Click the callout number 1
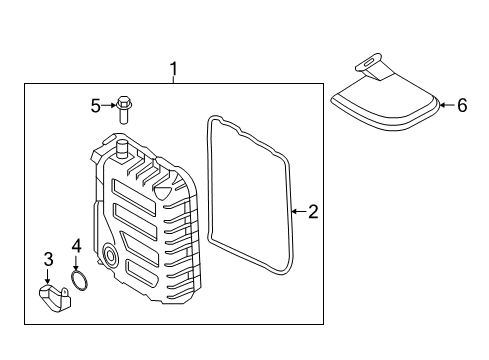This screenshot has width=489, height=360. coord(174,69)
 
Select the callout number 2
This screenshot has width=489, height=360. coord(313,212)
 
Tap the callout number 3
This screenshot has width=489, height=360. coord(49,259)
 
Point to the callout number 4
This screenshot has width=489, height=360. coord(77,246)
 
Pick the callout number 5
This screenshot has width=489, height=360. coord(95,106)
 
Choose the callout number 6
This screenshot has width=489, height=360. coord(462,105)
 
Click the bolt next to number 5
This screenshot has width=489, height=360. coord(124,110)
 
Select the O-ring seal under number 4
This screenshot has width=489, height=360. coord(80,280)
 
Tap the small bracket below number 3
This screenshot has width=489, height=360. coord(55,298)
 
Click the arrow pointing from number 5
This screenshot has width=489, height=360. coord(108,106)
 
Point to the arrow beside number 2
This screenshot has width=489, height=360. coord(300,211)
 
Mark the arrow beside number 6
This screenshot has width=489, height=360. coord(447,105)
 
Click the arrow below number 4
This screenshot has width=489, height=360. coord(76,262)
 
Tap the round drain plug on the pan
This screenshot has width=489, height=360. coord(110,255)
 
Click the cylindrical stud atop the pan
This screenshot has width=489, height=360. coord(122,149)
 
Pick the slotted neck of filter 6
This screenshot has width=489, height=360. coord(372,66)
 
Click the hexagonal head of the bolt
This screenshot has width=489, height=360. coord(123,101)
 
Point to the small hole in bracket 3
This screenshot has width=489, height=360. coord(65,292)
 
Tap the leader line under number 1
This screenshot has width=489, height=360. coord(174,80)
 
